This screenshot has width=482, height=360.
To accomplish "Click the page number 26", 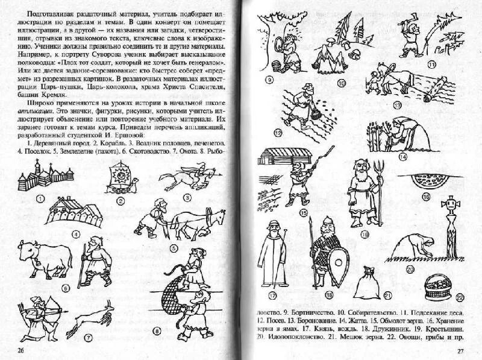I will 22,351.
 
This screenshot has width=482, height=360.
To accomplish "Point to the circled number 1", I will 40,199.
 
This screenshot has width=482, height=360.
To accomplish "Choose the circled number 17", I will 272,295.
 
